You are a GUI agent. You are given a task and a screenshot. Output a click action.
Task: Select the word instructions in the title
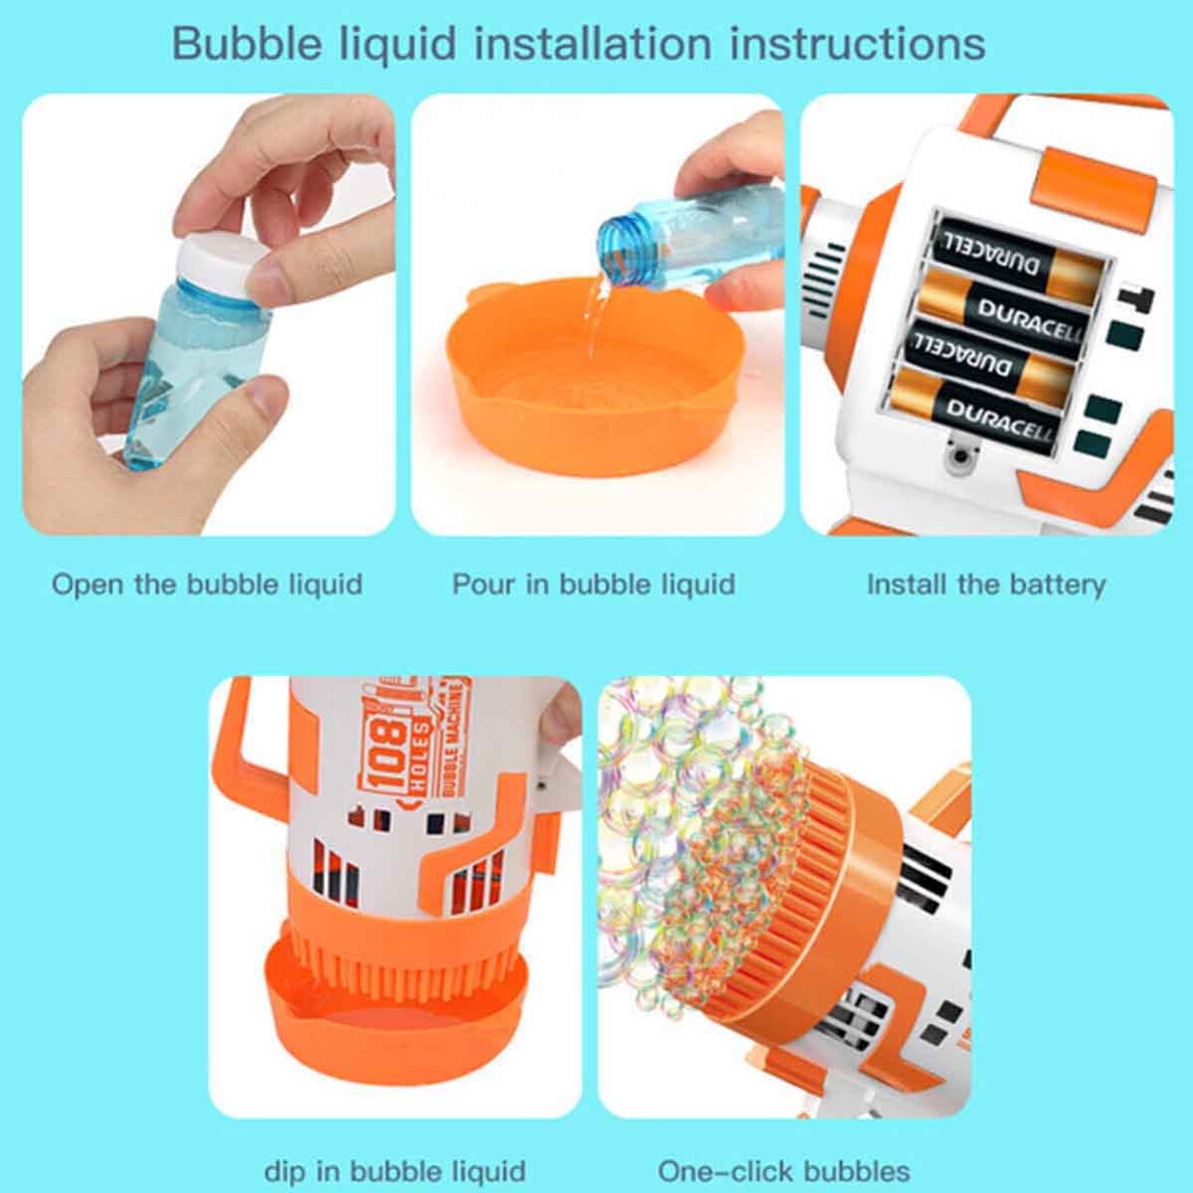(857, 44)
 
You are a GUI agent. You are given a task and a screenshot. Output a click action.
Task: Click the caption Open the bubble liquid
(207, 584)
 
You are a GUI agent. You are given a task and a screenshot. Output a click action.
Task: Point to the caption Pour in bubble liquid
(594, 585)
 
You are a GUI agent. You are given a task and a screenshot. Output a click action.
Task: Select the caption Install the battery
(986, 585)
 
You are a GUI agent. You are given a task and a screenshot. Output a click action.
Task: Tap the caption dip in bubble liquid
(395, 1154)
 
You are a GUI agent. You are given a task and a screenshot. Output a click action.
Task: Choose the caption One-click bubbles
(783, 1154)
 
